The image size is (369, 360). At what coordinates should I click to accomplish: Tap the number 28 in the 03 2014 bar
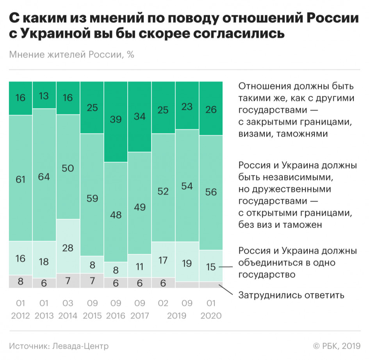(x=68, y=247)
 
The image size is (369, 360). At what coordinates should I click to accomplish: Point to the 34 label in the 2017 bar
(x=139, y=116)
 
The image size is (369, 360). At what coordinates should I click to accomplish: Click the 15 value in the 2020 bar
(x=211, y=267)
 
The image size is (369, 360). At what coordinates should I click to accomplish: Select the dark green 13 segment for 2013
(x=44, y=96)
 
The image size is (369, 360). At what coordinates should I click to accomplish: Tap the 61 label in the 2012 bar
(x=20, y=180)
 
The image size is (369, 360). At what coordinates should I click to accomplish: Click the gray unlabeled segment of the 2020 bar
(x=211, y=285)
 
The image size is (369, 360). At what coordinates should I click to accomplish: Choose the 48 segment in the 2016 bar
(x=116, y=215)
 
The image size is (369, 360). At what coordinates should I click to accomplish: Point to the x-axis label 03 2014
(x=68, y=309)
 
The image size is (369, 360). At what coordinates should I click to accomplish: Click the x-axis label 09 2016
(x=116, y=309)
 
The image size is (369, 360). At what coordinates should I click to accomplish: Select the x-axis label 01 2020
(x=211, y=309)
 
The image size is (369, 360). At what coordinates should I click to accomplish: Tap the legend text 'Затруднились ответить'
(x=291, y=295)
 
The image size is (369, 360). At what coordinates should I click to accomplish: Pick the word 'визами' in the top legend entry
(x=256, y=134)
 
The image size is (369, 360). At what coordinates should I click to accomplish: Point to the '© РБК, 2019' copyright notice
(x=336, y=346)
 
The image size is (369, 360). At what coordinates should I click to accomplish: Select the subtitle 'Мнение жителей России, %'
(x=71, y=55)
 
